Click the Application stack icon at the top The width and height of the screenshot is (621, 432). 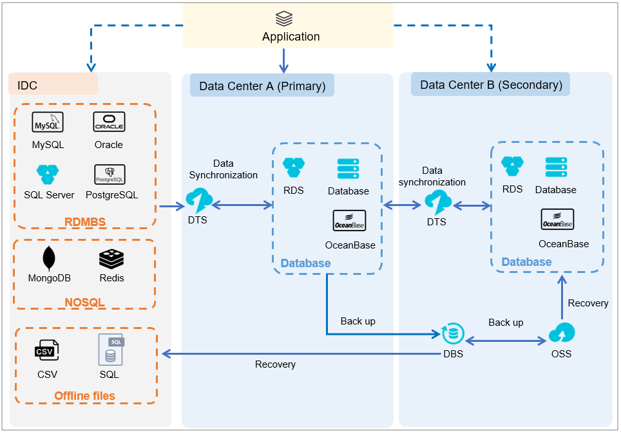284,18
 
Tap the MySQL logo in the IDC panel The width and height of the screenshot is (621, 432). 48,122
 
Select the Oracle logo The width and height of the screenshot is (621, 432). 109,122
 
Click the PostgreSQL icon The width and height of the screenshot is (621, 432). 109,173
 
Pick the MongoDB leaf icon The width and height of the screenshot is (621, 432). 49,258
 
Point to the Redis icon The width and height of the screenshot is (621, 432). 111,258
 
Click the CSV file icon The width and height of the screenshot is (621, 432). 46,351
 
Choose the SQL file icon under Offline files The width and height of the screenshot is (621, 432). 110,348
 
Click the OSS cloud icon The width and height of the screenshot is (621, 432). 561,333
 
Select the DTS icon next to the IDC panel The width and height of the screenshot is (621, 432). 198,200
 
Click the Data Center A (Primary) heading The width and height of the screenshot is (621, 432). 262,86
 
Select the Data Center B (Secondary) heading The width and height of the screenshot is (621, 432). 491,84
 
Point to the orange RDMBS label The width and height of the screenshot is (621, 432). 85,222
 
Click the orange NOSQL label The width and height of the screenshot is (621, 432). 84,302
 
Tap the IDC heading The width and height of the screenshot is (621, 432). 28,85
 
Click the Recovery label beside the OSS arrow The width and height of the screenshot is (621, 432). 588,303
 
